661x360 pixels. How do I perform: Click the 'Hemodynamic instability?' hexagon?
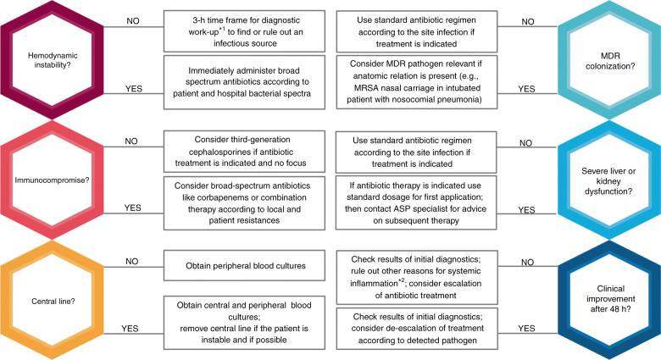pos(52,60)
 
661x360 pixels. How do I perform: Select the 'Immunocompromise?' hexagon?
pos(52,180)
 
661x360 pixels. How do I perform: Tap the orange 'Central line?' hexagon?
pos(52,301)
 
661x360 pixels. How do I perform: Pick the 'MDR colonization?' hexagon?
pos(609,60)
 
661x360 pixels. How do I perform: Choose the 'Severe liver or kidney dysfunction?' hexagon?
pos(609,180)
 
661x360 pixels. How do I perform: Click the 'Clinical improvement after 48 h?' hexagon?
pos(609,300)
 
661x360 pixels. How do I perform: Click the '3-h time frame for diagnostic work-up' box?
pos(244,31)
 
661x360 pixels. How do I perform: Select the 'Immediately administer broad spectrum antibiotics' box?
pos(244,82)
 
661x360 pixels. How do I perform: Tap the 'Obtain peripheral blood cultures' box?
pos(244,266)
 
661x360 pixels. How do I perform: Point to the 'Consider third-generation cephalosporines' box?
pos(244,152)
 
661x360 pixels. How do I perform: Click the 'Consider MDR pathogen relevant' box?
pos(416,82)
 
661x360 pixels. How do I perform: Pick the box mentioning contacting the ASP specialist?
pos(416,202)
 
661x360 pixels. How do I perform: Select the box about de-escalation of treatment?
pos(417,329)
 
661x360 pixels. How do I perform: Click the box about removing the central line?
pos(244,323)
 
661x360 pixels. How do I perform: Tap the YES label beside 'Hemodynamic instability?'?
pos(134,89)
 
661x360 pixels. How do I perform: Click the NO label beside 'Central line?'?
pos(132,262)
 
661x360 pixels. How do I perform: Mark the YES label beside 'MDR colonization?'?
pos(526,89)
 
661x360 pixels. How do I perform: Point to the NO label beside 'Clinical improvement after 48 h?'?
pos(527,263)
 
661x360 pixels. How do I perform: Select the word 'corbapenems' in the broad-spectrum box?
pos(208,197)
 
